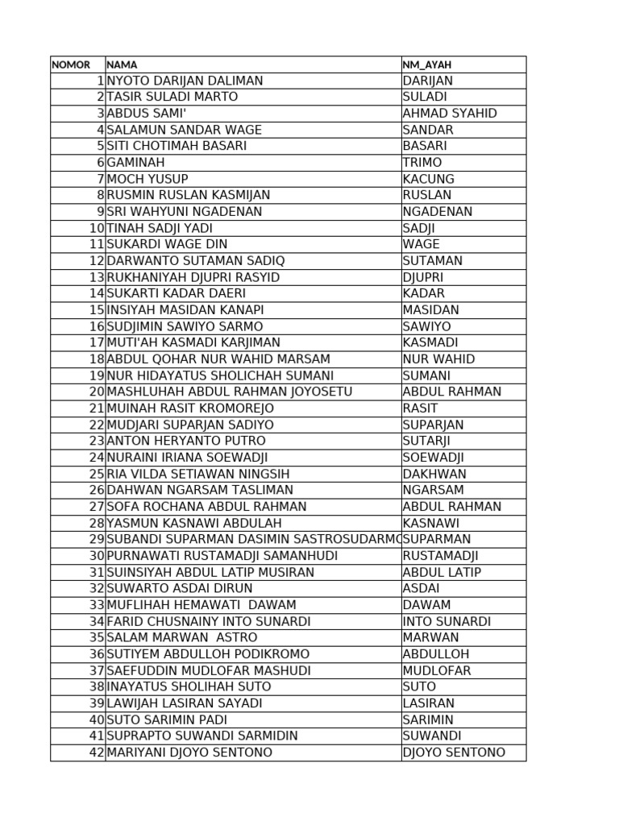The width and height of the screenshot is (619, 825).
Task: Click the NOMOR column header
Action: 71,64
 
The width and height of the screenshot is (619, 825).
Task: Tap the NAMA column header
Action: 122,64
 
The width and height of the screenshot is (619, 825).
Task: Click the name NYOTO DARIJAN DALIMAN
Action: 185,81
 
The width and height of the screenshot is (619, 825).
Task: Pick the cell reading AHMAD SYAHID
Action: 450,114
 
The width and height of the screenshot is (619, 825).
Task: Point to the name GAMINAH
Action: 135,163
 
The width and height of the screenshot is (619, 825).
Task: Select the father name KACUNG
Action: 429,179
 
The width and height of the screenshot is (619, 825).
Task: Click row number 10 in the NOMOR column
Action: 97,228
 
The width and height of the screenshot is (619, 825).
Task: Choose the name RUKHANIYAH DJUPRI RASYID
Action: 193,277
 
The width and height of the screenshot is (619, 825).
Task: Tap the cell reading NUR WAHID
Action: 438,359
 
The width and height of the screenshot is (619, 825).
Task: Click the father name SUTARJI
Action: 427,441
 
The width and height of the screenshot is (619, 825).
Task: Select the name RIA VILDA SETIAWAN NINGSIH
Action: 198,474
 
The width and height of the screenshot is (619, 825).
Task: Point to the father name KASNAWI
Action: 431,523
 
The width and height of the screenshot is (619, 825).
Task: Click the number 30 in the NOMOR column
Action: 97,556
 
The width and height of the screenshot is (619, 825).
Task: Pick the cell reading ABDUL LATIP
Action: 442,572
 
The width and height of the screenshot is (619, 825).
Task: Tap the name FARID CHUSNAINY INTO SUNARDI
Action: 209,621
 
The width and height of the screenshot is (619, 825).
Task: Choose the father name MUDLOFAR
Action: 437,670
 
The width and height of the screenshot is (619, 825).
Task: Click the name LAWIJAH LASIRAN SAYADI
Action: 185,703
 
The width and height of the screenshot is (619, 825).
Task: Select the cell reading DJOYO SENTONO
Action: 454,752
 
